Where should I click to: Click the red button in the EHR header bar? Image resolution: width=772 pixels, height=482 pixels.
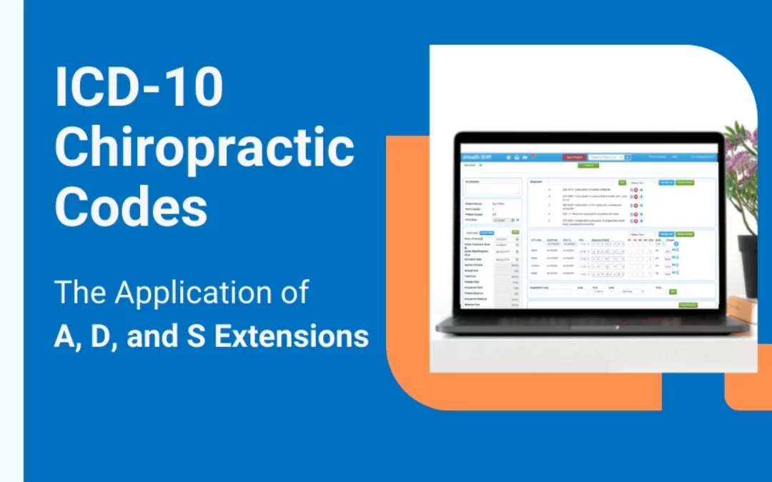point(573,156)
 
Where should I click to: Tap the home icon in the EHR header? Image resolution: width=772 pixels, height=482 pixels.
point(508,156)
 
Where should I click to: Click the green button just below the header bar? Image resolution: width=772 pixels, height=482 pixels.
point(589,165)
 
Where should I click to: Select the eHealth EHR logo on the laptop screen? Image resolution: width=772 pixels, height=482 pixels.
point(476,156)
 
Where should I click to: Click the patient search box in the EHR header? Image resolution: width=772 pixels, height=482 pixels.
point(605,156)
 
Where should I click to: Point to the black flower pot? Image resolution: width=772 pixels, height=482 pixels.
point(748,265)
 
